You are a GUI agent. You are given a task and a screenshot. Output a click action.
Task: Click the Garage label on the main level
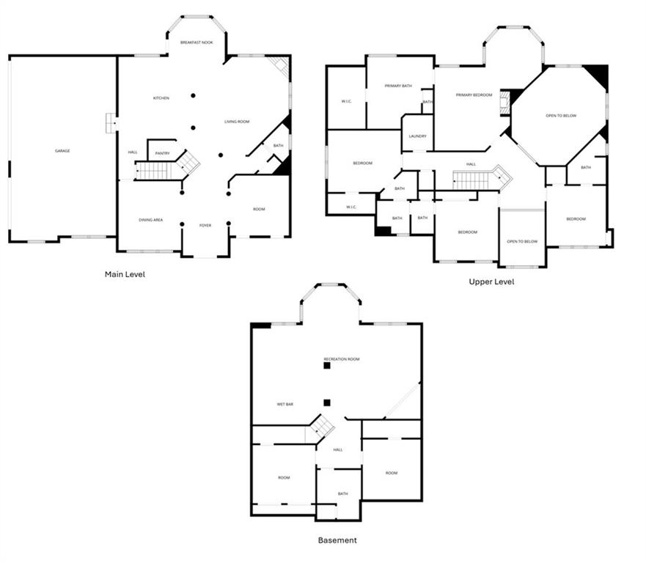62,151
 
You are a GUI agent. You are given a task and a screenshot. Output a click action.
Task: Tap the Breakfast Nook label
197,43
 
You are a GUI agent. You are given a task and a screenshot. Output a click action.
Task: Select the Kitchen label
161,98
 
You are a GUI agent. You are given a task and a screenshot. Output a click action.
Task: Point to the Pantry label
162,153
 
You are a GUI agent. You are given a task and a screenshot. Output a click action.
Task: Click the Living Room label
237,122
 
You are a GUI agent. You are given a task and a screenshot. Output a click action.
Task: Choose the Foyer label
205,225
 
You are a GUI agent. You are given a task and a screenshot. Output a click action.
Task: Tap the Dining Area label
150,220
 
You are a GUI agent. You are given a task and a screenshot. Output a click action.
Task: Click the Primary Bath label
398,87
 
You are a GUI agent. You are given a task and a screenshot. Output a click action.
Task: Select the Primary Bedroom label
474,95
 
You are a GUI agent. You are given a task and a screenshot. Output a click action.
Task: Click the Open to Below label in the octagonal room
560,116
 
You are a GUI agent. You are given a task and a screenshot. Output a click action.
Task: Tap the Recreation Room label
342,359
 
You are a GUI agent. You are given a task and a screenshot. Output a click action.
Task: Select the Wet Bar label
285,404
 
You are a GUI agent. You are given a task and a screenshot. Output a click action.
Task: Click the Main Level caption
125,275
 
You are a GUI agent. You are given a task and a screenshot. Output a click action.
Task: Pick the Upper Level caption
491,281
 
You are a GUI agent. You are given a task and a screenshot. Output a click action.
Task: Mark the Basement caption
337,540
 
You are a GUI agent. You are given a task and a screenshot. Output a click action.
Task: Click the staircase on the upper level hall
478,178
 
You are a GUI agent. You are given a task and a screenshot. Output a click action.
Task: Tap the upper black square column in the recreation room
327,365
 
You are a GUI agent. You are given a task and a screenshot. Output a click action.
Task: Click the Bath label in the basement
342,493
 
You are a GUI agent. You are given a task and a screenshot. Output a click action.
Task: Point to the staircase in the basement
320,427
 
